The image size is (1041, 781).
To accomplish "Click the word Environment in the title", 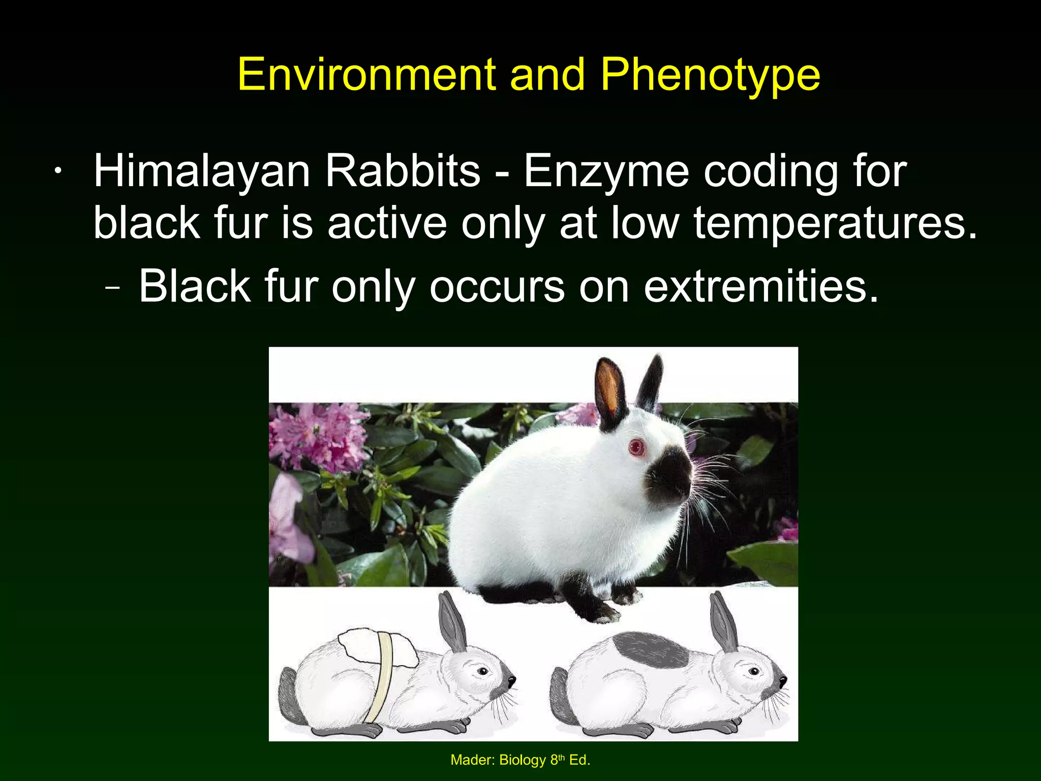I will [366, 75].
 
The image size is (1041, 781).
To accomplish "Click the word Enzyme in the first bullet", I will [606, 171].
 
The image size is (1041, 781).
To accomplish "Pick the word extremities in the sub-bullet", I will [761, 287].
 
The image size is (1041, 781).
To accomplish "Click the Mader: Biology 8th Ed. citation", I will [520, 760].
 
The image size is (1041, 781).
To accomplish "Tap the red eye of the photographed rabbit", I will [636, 447].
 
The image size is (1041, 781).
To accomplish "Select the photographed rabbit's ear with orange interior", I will [610, 394].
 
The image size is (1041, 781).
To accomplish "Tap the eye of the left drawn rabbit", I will [483, 672].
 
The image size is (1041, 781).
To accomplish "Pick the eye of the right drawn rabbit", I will [754, 672].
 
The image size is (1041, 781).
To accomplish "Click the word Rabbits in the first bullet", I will [403, 171].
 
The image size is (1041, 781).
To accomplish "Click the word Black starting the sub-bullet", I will [195, 287].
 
